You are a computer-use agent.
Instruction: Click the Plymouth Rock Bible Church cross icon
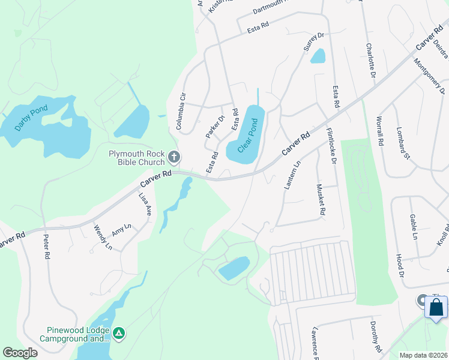pos(174,158)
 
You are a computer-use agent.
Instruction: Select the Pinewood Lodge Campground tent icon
pos(119,332)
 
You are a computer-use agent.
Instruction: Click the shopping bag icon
pos(436,307)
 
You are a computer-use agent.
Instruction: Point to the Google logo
pos(20,352)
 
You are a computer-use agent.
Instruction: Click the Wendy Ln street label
pos(103,237)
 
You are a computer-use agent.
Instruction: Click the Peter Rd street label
pos(46,246)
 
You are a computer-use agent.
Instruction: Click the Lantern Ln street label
pos(291,177)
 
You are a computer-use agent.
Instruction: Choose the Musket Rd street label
pos(321,200)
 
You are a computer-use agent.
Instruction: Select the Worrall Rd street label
pos(379,131)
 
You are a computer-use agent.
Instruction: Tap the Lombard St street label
pos(402,144)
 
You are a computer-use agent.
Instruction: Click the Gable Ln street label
pos(414,226)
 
